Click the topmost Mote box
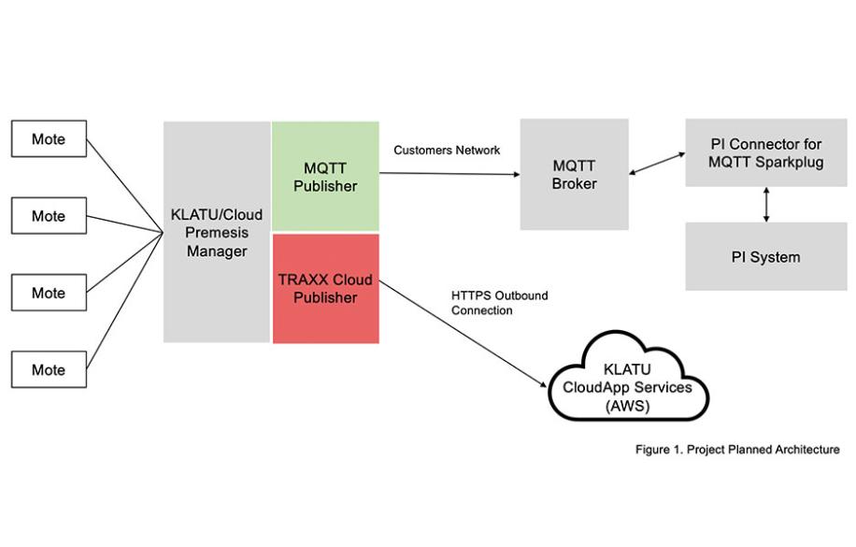pyautogui.click(x=49, y=138)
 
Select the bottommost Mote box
pyautogui.click(x=49, y=369)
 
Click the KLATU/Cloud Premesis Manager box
pyautogui.click(x=217, y=232)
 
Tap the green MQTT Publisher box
pyautogui.click(x=325, y=176)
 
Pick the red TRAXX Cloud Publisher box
pyautogui.click(x=325, y=289)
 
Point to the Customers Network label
pyautogui.click(x=447, y=150)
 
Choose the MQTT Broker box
pyautogui.click(x=575, y=174)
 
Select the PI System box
pyautogui.click(x=766, y=256)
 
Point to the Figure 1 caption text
pyautogui.click(x=737, y=451)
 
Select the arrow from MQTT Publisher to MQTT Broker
pyautogui.click(x=449, y=172)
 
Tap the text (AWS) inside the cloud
pyautogui.click(x=621, y=405)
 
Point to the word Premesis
pyautogui.click(x=217, y=232)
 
